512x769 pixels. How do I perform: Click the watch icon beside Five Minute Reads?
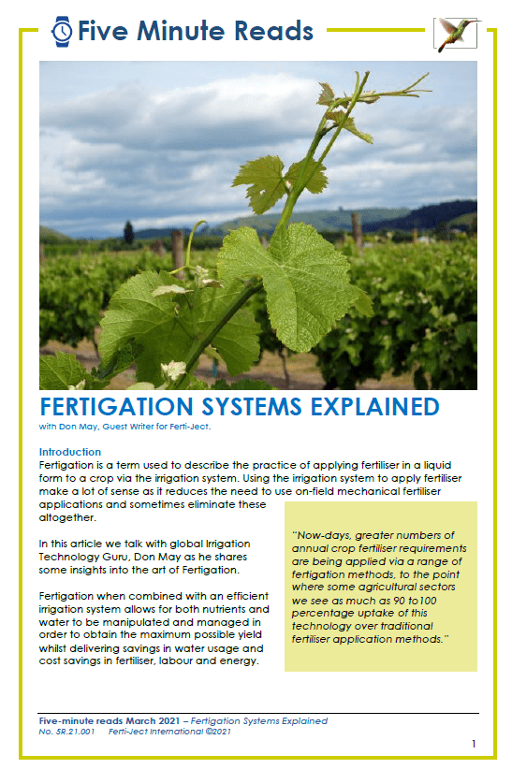62,32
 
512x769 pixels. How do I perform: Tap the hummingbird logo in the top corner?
456,34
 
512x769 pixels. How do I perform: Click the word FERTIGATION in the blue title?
116,407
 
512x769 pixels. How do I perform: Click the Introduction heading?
69,452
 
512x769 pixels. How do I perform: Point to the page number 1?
474,744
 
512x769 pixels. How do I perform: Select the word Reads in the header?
273,31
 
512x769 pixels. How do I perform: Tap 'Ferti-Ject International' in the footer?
155,732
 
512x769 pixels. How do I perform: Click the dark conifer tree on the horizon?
128,232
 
